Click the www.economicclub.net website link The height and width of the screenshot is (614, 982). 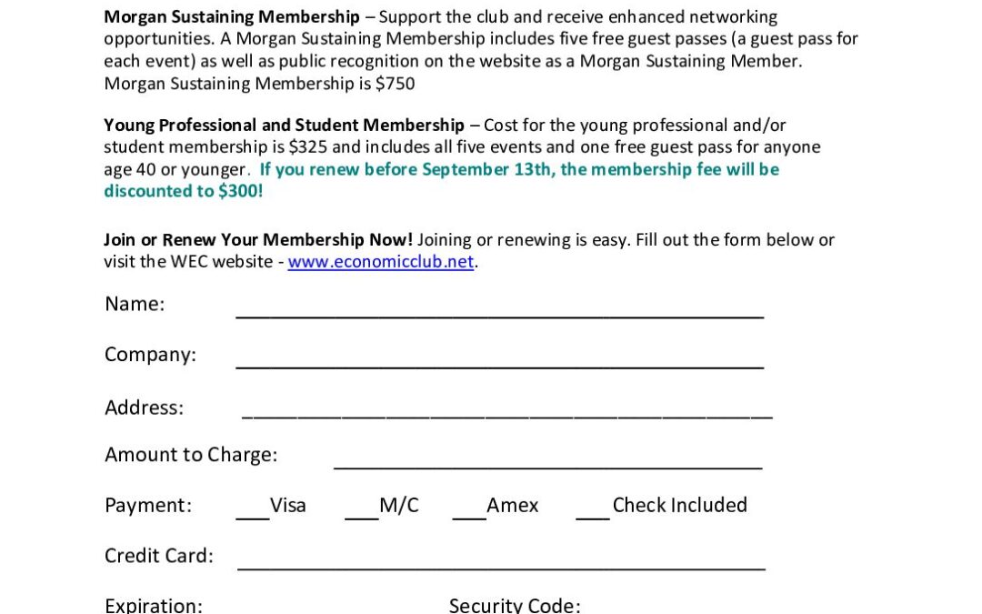pyautogui.click(x=381, y=262)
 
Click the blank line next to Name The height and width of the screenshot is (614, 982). pyautogui.click(x=499, y=313)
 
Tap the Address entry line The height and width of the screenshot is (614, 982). pyautogui.click(x=506, y=415)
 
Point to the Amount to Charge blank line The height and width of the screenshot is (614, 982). pyautogui.click(x=547, y=466)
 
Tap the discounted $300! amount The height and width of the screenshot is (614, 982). pyautogui.click(x=240, y=191)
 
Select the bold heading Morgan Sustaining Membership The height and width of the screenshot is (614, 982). pyautogui.click(x=232, y=17)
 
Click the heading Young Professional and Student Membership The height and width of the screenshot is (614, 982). pyautogui.click(x=284, y=126)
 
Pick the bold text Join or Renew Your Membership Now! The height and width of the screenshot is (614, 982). pyautogui.click(x=258, y=240)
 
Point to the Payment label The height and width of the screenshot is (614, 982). pyautogui.click(x=148, y=506)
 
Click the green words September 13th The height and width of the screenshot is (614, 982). pyautogui.click(x=486, y=169)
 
